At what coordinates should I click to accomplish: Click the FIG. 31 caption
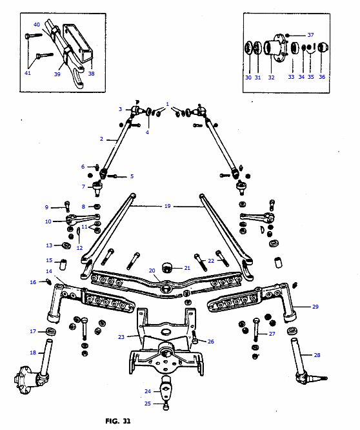pyautogui.click(x=118, y=421)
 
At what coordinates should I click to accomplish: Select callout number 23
pyautogui.click(x=121, y=336)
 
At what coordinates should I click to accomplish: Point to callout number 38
pyautogui.click(x=90, y=73)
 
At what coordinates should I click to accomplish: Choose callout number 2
pyautogui.click(x=101, y=139)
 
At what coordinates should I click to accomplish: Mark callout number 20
pyautogui.click(x=152, y=271)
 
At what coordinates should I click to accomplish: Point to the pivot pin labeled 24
pyautogui.click(x=165, y=387)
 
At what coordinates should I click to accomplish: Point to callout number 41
pyautogui.click(x=28, y=73)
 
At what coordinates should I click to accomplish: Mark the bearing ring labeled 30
pyautogui.click(x=248, y=49)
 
